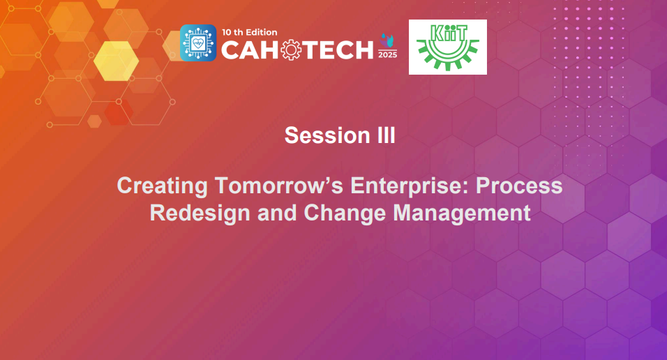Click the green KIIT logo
[447, 47]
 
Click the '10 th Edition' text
[250, 31]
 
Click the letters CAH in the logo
[250, 50]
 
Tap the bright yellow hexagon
[116, 60]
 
